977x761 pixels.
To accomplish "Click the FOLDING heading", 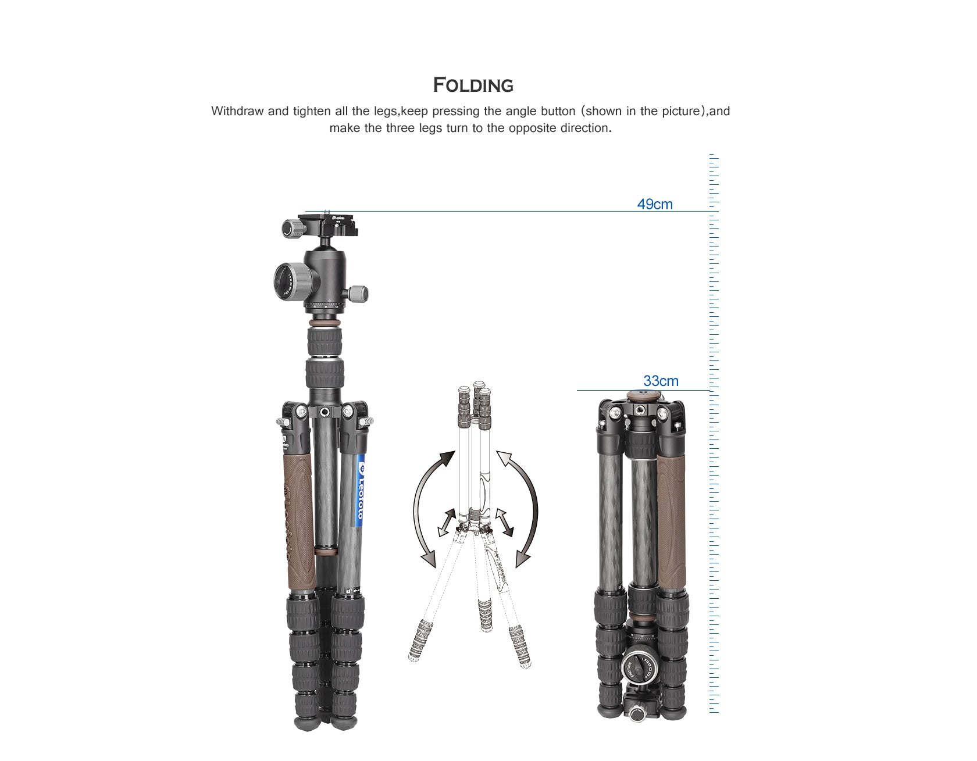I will point(473,85).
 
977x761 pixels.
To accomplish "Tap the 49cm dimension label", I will point(654,204).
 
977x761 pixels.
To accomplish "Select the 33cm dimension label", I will point(660,381).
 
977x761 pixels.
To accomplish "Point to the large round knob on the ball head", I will point(290,278).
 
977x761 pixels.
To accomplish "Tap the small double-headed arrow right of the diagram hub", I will point(504,521).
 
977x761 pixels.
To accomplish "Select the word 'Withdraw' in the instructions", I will point(237,111).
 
